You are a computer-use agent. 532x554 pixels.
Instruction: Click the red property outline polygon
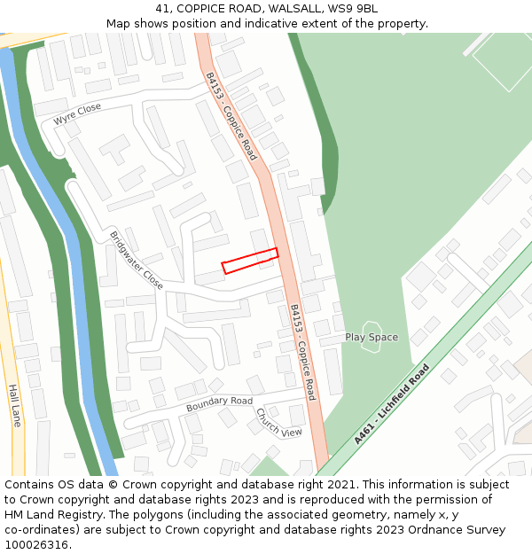(250, 261)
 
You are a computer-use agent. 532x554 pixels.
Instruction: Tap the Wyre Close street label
(77, 113)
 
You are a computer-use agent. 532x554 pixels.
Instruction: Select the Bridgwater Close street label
(136, 261)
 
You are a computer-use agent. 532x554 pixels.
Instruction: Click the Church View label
(278, 422)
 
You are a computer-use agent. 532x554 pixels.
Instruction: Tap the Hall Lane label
(13, 405)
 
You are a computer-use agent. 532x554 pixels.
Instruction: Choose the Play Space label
(372, 338)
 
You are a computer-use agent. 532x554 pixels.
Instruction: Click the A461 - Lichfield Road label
(391, 403)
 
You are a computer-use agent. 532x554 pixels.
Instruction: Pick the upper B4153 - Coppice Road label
(231, 116)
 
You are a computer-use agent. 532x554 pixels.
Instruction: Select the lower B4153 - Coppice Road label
(303, 352)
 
